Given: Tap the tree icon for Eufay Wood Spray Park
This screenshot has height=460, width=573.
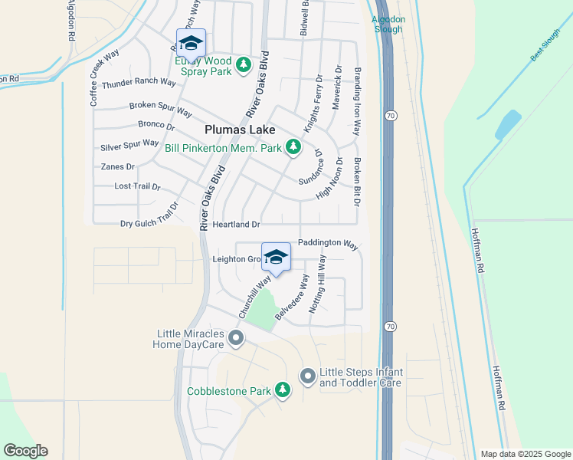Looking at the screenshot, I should click(244, 64).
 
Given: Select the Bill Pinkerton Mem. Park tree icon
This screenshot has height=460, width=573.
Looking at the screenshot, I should click(293, 146).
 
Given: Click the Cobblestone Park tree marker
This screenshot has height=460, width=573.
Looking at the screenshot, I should click(283, 391).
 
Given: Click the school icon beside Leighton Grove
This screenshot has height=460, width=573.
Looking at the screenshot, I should click(276, 258).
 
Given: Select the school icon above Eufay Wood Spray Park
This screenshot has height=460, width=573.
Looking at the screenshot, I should click(191, 43).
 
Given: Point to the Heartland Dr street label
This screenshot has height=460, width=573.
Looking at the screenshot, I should click(237, 225).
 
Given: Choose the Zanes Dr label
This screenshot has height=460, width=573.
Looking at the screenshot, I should click(117, 166).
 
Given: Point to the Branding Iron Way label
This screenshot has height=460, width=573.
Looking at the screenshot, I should click(357, 101).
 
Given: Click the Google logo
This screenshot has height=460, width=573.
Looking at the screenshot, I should click(25, 451).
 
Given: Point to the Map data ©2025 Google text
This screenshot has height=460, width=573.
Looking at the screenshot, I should click(525, 454).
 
